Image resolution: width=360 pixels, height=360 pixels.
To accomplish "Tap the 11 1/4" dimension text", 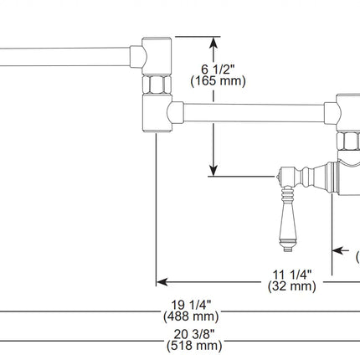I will [291, 273].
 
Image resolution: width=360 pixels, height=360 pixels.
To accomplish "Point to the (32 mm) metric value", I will [291, 286].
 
